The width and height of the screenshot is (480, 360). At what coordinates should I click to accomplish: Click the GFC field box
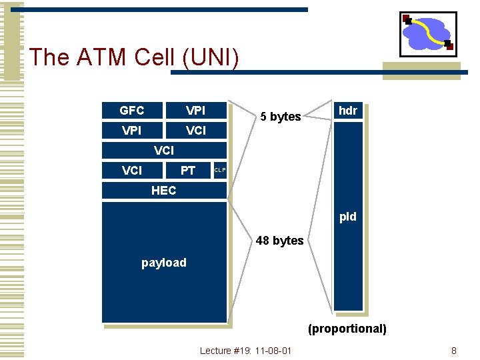pyautogui.click(x=132, y=110)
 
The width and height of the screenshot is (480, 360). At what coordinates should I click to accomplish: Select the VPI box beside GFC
pyautogui.click(x=195, y=110)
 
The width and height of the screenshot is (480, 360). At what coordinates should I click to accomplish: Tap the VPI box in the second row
pyautogui.click(x=132, y=131)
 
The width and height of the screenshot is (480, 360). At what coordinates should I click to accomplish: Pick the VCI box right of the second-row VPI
pyautogui.click(x=195, y=131)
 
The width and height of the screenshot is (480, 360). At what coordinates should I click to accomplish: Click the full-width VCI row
pyautogui.click(x=164, y=151)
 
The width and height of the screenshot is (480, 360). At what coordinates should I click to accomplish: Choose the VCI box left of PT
pyautogui.click(x=132, y=171)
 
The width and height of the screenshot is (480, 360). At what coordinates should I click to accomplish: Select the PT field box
pyautogui.click(x=188, y=171)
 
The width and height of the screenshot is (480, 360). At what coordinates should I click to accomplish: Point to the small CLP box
pyautogui.click(x=220, y=171)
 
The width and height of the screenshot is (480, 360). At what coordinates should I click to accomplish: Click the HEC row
pyautogui.click(x=164, y=191)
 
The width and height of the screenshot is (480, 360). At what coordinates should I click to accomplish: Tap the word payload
pyautogui.click(x=164, y=263)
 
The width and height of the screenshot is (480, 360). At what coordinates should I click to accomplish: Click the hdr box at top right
pyautogui.click(x=348, y=111)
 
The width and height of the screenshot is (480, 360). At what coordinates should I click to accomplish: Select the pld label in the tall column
pyautogui.click(x=348, y=217)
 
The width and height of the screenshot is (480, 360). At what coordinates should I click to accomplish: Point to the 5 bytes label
pyautogui.click(x=281, y=117)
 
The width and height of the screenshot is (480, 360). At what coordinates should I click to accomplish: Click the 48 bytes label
pyautogui.click(x=279, y=241)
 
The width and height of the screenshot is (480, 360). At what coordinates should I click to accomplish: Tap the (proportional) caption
pyautogui.click(x=347, y=329)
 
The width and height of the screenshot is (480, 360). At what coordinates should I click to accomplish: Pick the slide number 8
pyautogui.click(x=454, y=351)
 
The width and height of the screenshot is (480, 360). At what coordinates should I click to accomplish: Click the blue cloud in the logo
pyautogui.click(x=427, y=33)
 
